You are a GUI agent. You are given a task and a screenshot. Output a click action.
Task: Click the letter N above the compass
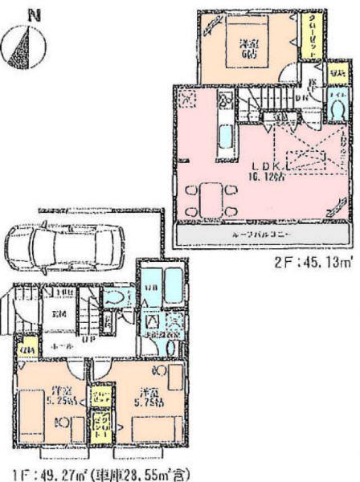(31, 13)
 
